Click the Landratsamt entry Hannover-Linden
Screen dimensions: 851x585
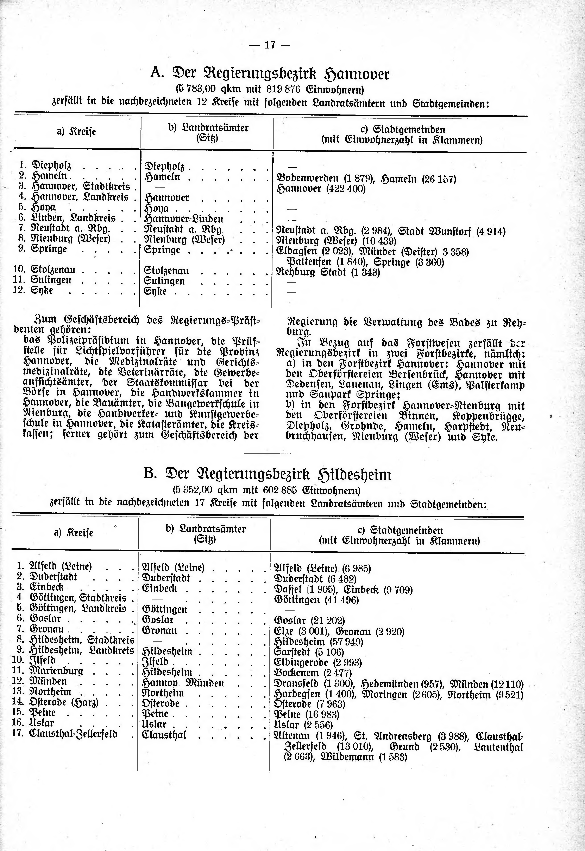[184, 219]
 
